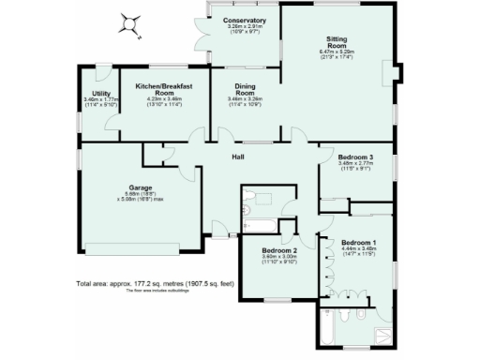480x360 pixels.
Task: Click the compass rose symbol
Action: coord(131,26)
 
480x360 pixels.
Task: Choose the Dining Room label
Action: coord(245,89)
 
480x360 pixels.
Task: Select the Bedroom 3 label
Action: coord(356,157)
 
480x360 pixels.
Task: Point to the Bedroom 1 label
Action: coord(358,242)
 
